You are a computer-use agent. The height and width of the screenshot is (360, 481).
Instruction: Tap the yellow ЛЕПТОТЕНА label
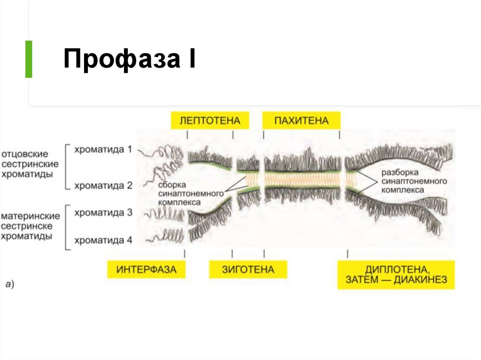(209, 121)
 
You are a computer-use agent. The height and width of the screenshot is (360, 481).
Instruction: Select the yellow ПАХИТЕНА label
(301, 121)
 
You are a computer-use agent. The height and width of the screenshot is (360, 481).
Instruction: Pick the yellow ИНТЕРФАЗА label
(146, 270)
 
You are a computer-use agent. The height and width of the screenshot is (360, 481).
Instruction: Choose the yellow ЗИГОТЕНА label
(248, 270)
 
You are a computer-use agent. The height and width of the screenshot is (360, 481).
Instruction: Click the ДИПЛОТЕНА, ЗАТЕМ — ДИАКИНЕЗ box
(396, 276)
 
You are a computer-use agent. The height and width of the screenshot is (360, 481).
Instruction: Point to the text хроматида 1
(103, 150)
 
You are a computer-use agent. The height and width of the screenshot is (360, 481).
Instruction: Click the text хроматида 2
(103, 186)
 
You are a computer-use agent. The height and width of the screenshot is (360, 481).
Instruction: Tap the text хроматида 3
(103, 213)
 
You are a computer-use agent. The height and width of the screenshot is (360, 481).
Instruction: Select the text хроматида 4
(103, 241)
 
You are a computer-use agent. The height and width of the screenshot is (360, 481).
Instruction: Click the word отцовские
(31, 154)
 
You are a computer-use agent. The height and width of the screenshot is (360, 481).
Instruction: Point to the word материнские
(31, 217)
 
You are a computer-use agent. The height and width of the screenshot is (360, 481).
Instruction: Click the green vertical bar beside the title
(29, 59)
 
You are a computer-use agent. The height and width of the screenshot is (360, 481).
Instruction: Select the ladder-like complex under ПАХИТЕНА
(301, 179)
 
